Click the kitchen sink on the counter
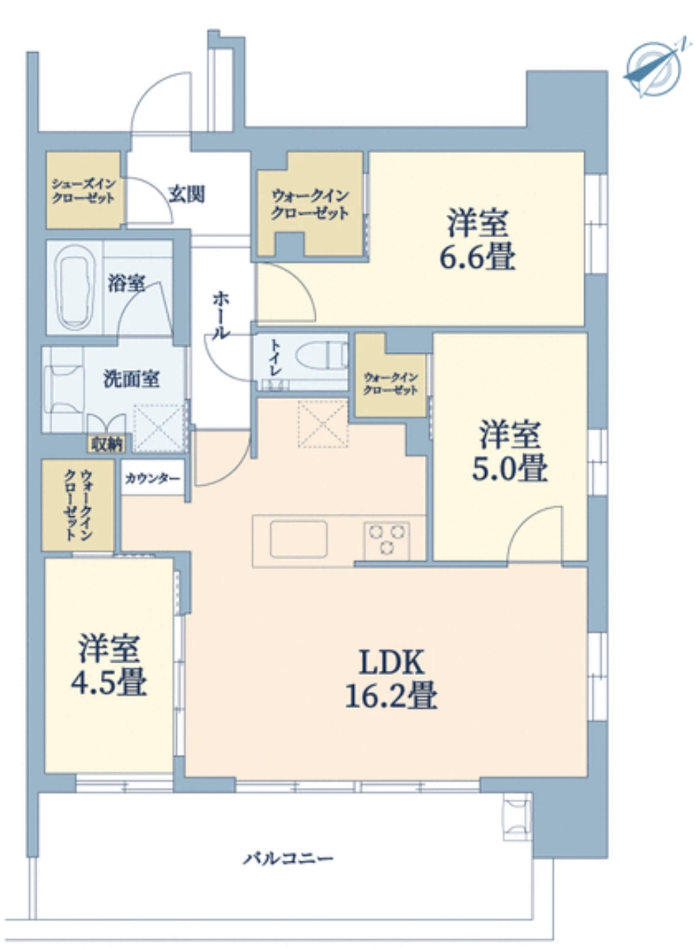(x=298, y=539)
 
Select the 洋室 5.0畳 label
(x=510, y=451)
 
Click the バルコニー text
(x=289, y=859)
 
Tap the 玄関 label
(x=186, y=194)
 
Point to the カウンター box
(x=152, y=478)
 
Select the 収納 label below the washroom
(x=107, y=444)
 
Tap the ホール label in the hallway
(x=221, y=315)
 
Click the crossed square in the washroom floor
(x=159, y=428)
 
